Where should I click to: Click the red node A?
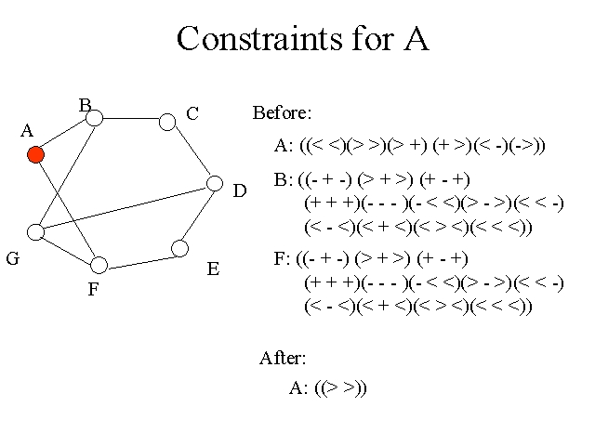35,155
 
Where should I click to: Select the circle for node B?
95,118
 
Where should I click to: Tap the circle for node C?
167,122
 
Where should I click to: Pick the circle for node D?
215,183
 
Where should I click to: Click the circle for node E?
179,248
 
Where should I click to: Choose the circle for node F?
99,265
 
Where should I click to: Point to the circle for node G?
35,231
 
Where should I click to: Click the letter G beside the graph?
13,258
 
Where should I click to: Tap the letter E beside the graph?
213,269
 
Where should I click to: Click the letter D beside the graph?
240,190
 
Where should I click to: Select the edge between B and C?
131,118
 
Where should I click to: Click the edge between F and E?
139,263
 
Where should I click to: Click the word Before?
283,112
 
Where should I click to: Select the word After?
283,358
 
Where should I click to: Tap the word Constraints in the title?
259,38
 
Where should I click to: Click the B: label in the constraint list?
284,179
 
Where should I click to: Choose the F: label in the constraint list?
282,258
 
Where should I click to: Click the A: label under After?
298,388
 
